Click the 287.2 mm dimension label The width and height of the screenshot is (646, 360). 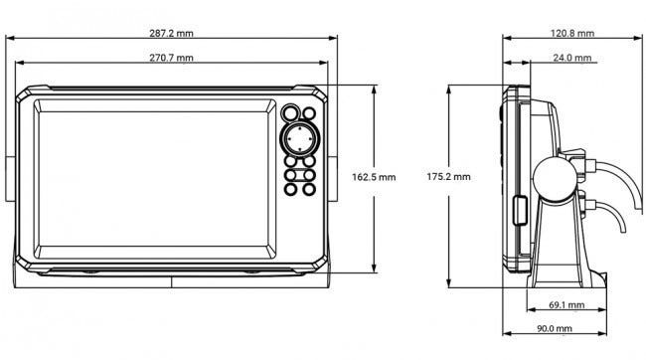[x=171, y=34]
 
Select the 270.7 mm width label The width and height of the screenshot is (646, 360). [x=171, y=58]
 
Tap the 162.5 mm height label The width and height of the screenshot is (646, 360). [x=374, y=177]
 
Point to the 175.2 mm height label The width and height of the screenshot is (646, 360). [x=448, y=177]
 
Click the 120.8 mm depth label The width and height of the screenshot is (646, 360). [x=572, y=34]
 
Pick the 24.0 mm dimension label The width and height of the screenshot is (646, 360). [x=572, y=58]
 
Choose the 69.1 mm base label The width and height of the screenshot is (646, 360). [x=566, y=305]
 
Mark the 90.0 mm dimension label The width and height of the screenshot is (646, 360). [x=555, y=328]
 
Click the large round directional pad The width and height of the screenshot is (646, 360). [x=299, y=138]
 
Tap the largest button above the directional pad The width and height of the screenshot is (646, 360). [x=291, y=112]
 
